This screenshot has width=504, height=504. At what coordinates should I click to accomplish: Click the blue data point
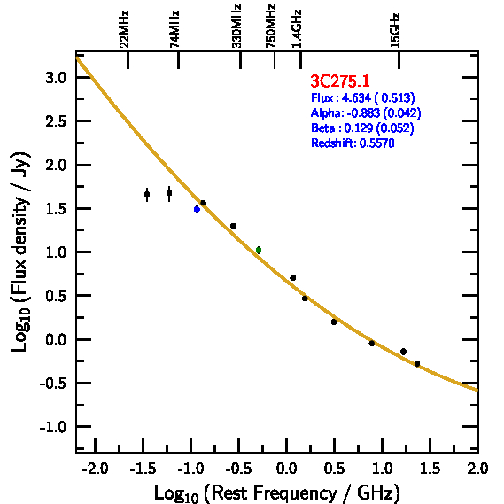tap(197, 210)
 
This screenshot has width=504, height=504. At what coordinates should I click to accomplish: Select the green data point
tap(259, 250)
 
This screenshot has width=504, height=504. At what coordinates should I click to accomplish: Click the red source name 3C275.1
tap(340, 81)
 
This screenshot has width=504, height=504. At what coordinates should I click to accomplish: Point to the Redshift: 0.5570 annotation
tap(353, 143)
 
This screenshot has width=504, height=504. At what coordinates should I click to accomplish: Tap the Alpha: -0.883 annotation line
tap(366, 112)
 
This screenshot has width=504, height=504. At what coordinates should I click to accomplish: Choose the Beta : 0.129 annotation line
tap(362, 128)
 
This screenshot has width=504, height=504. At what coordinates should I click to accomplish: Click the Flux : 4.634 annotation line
tap(363, 97)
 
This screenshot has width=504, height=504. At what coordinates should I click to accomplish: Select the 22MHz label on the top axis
tap(124, 29)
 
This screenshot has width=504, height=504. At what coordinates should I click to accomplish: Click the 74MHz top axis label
tap(174, 29)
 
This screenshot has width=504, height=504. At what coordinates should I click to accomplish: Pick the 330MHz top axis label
tap(236, 27)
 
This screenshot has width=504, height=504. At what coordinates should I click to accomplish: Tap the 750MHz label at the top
tap(271, 27)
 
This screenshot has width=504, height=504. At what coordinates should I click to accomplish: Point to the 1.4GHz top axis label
tap(297, 29)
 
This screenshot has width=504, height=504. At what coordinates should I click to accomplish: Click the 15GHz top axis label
tap(395, 30)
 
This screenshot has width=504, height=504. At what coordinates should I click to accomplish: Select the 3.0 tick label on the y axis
tap(56, 78)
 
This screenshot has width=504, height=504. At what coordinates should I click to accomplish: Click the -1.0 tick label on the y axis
tap(53, 427)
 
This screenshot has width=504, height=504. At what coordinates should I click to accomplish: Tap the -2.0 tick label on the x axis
tap(95, 469)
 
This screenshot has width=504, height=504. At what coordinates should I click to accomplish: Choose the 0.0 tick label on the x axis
tap(286, 469)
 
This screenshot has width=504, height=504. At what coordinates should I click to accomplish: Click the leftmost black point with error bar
tap(147, 194)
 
